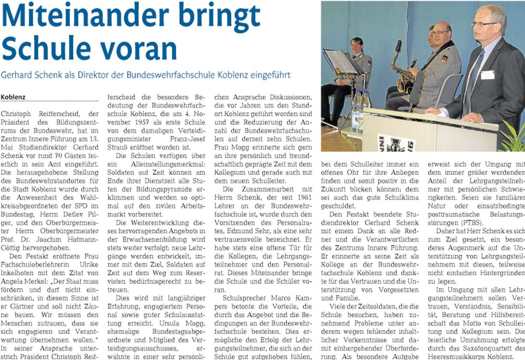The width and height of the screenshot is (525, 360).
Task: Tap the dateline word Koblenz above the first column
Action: (x=13, y=97)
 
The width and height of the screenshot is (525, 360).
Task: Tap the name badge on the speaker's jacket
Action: (x=487, y=75)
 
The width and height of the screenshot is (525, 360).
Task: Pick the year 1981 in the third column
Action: (x=304, y=189)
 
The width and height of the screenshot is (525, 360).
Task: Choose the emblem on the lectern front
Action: (x=395, y=143)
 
